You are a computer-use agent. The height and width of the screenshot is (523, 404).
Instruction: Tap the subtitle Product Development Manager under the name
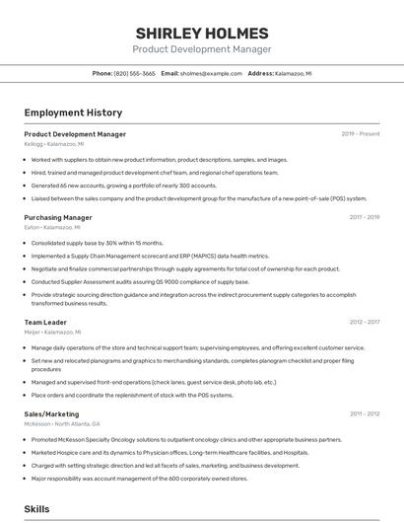click(202, 48)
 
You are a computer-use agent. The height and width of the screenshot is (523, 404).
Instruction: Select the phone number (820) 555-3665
click(134, 73)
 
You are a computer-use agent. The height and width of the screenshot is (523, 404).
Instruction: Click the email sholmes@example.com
click(210, 73)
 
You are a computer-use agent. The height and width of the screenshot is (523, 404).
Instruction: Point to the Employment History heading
click(73, 112)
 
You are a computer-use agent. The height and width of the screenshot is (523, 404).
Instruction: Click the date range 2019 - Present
click(361, 133)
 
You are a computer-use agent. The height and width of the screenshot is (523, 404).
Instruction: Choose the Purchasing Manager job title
click(58, 217)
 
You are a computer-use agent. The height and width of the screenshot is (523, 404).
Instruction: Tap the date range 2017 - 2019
click(364, 217)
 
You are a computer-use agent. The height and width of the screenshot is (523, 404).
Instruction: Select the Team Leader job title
click(45, 322)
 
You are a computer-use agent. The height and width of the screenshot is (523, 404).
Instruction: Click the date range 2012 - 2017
click(364, 322)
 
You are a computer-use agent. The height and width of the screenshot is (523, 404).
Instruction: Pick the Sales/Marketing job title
click(51, 413)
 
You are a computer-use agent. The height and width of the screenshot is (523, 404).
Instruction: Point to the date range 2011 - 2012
click(364, 413)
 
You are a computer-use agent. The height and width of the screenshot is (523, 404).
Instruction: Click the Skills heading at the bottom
click(36, 508)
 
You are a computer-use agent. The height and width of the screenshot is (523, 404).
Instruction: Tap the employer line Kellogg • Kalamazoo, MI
click(53, 144)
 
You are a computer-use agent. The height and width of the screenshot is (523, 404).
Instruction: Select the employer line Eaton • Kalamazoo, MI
click(51, 228)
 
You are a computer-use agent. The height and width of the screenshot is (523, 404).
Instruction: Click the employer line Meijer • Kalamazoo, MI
click(52, 333)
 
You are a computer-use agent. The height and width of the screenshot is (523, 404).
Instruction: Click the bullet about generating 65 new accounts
click(124, 185)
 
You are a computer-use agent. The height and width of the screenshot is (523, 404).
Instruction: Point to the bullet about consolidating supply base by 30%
click(97, 242)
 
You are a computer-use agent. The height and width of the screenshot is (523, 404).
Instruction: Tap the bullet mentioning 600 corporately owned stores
click(139, 478)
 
